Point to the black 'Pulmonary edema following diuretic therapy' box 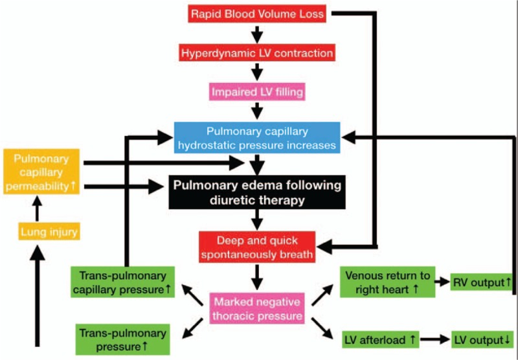click(256, 193)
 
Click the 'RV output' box click(482, 282)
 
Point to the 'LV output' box click(481, 339)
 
